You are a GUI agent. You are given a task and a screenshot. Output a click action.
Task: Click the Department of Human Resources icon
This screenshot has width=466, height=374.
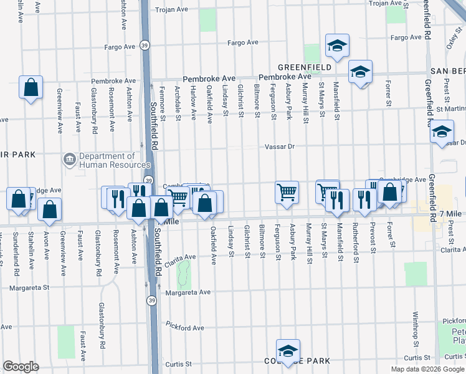tap(70, 160)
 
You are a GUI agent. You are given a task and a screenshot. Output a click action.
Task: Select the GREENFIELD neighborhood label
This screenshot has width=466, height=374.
tap(299, 67)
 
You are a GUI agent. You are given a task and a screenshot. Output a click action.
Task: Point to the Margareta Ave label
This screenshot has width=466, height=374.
tap(187, 292)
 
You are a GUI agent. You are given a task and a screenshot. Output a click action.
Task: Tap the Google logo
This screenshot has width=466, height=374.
tap(21, 367)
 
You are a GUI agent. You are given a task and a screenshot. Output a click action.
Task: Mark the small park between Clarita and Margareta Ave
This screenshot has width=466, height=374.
tap(183, 272)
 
